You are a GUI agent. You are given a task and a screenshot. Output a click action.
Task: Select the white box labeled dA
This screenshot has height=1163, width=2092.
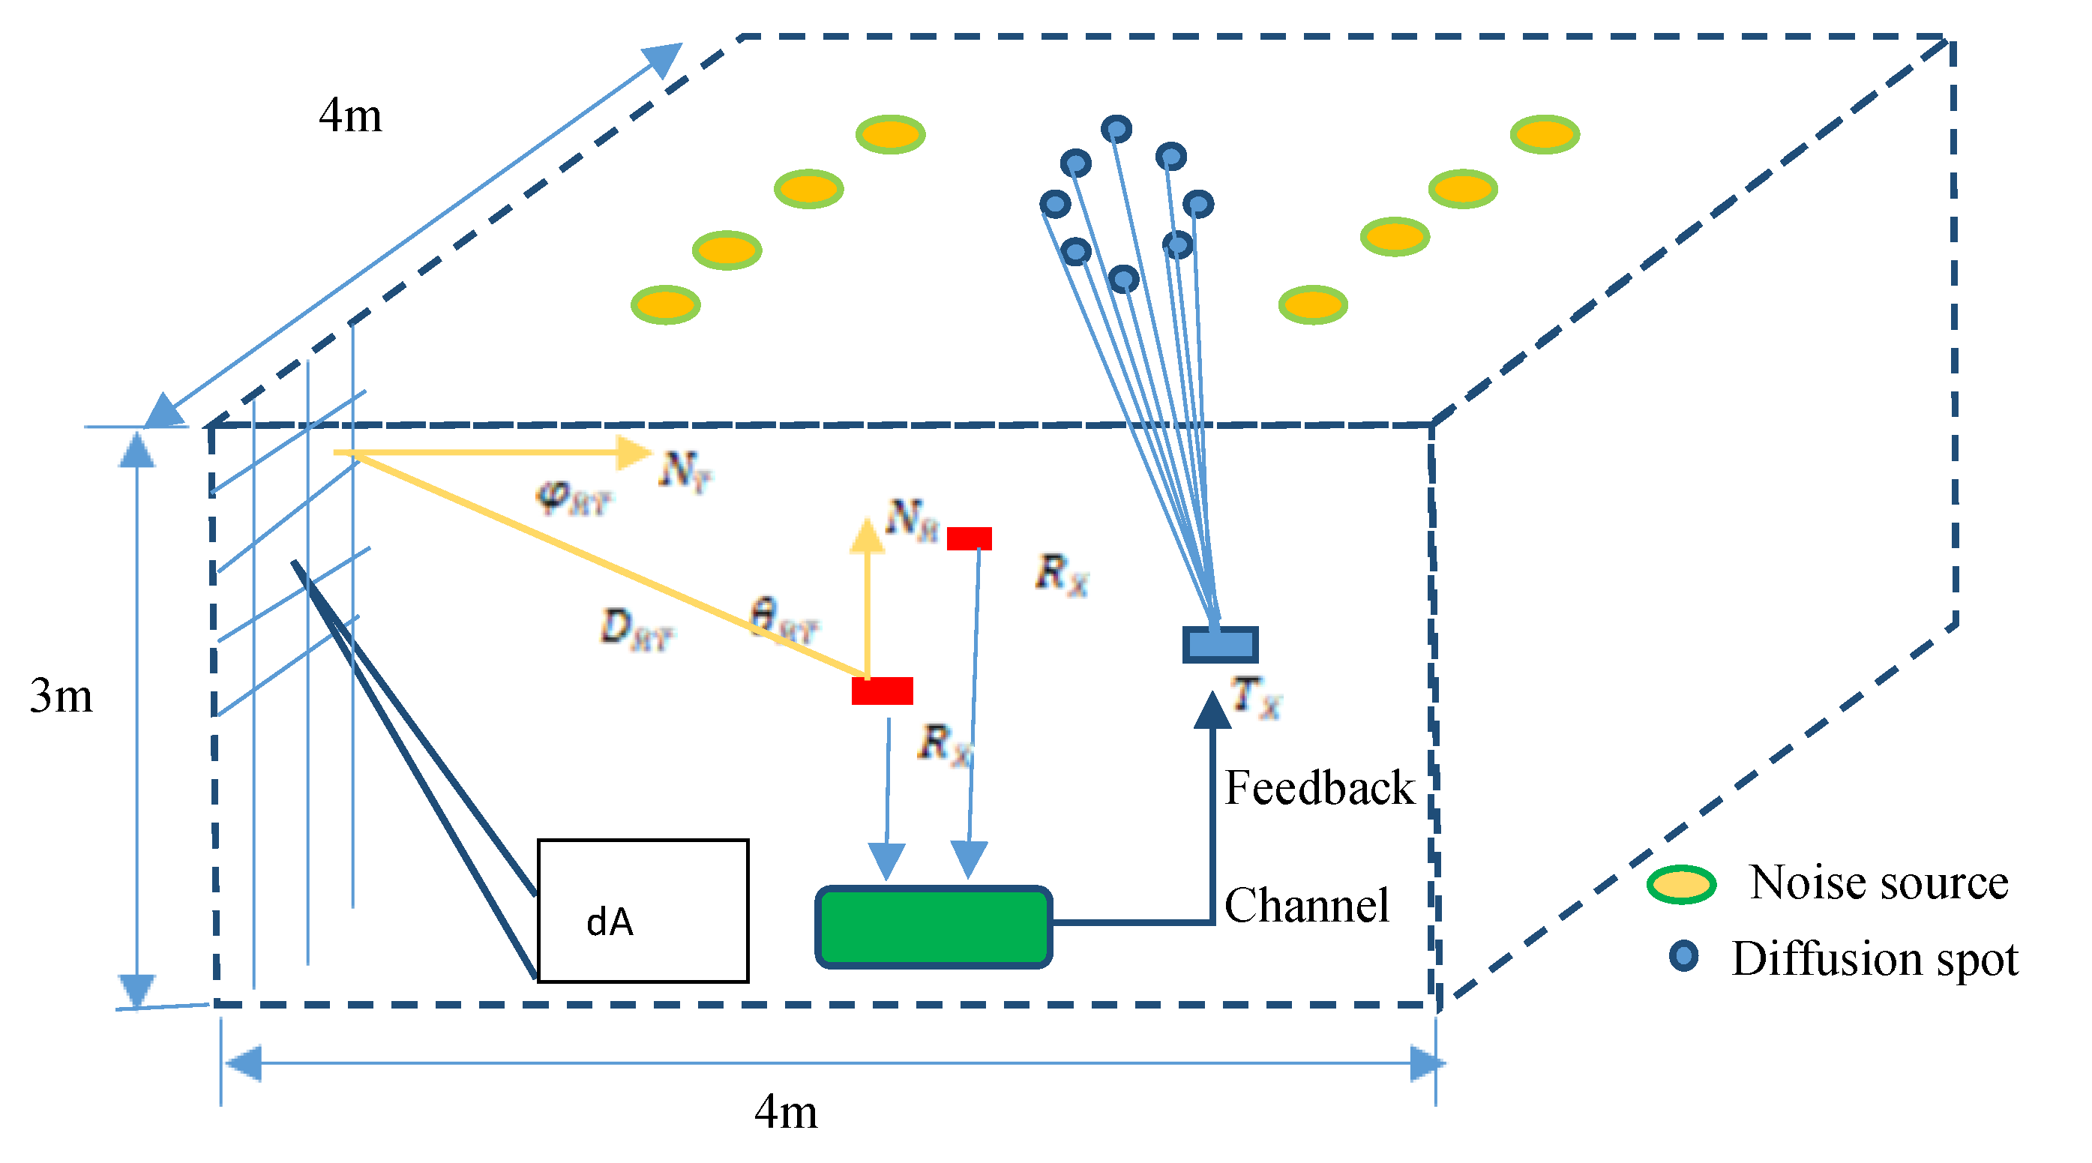[643, 910]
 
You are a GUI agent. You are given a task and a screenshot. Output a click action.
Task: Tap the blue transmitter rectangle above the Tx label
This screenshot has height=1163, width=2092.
[1220, 645]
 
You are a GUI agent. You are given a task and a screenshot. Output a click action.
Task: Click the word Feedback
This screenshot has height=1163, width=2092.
[1319, 788]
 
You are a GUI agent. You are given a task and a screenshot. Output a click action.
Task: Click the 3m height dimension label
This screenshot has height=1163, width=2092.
[61, 696]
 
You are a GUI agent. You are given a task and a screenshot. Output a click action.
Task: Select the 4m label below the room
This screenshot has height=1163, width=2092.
[785, 1112]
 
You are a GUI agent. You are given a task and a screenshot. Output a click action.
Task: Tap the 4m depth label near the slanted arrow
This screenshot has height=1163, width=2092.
[350, 115]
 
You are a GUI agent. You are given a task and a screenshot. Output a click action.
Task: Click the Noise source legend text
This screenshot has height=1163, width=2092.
[1878, 882]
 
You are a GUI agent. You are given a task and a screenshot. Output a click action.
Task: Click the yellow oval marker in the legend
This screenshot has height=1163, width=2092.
[1680, 884]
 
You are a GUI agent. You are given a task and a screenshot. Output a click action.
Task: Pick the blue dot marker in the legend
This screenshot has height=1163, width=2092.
[1683, 956]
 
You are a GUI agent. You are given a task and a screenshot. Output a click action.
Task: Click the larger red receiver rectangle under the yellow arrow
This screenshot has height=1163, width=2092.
[882, 691]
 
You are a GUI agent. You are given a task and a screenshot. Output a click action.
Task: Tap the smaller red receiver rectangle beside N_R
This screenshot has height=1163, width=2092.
[969, 538]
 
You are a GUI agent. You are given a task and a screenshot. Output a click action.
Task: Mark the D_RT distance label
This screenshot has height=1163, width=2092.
[637, 629]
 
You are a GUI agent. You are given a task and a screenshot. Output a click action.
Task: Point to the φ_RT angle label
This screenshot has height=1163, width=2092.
[574, 498]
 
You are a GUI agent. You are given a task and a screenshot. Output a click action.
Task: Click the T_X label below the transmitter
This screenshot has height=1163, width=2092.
[1255, 697]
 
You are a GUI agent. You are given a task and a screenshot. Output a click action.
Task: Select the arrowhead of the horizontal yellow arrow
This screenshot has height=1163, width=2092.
[634, 452]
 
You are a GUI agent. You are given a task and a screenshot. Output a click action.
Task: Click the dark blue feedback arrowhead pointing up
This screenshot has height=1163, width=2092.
[1212, 711]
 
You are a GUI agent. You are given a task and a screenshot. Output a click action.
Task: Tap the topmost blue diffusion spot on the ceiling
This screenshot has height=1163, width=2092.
[1116, 128]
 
